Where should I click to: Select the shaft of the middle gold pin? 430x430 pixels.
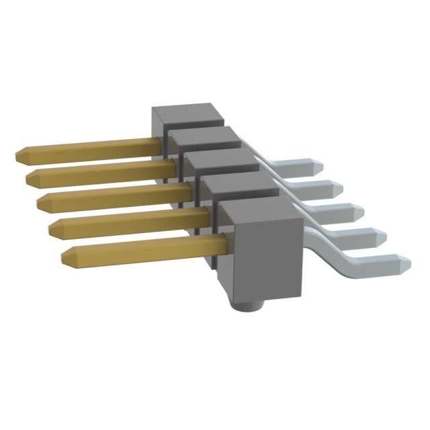coord(114,196)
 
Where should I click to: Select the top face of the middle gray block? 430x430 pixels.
coord(220,161)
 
